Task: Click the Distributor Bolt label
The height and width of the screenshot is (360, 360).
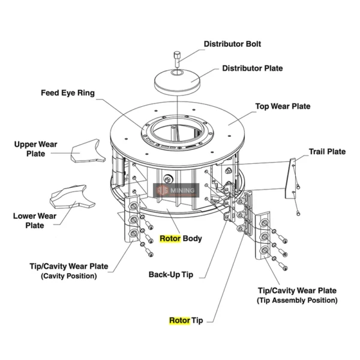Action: pos(232,44)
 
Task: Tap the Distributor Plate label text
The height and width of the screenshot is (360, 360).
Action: pos(251,68)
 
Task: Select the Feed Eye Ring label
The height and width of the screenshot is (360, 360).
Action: pos(68,93)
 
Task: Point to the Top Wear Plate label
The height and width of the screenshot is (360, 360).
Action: pos(283,106)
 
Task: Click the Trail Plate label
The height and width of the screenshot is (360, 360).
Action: pos(327,152)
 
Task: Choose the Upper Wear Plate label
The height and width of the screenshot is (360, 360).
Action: pos(35,149)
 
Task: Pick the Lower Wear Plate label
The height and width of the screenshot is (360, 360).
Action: pos(34,221)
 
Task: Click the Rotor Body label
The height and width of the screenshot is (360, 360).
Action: pos(181,238)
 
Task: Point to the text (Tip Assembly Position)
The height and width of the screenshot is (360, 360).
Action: pos(297,300)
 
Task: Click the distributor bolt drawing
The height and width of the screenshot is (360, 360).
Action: pos(177,59)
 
